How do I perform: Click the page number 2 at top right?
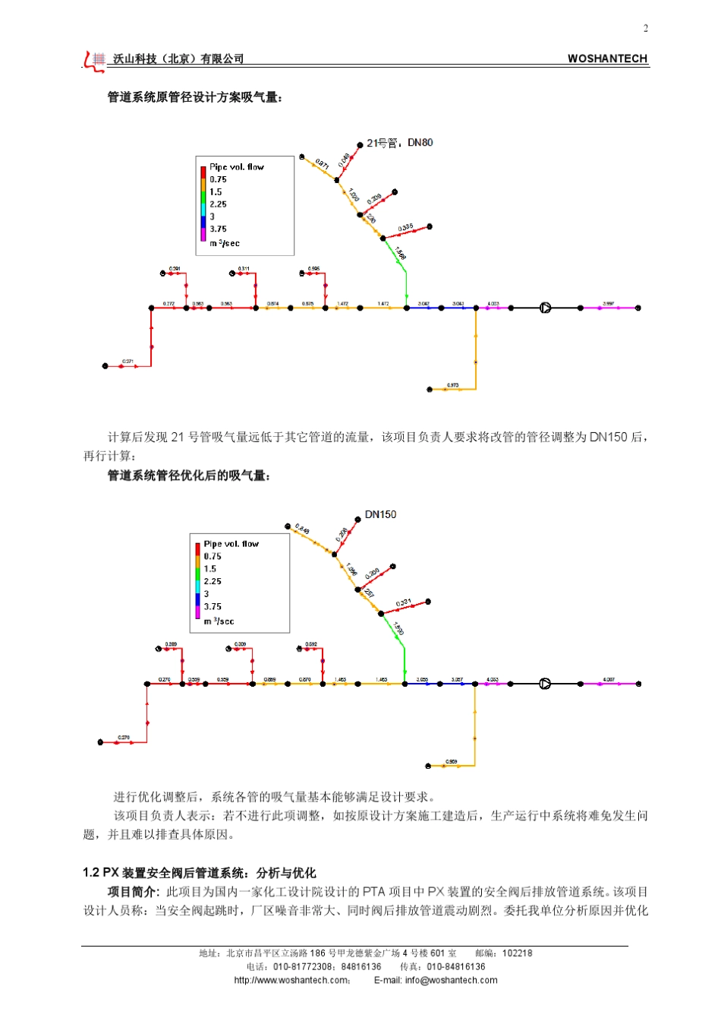(x=646, y=29)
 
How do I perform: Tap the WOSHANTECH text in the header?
(x=607, y=58)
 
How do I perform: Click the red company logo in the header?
(x=94, y=60)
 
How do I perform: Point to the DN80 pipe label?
(x=420, y=143)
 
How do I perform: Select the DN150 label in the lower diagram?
(x=380, y=515)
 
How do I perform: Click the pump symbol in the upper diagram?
(x=545, y=308)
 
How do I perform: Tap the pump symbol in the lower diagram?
(x=545, y=684)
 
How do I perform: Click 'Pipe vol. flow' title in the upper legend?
(x=237, y=167)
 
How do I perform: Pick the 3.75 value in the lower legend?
(x=213, y=607)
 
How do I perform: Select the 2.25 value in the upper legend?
(x=218, y=204)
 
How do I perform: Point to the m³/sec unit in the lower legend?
(x=219, y=621)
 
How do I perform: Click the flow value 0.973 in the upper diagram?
(x=452, y=385)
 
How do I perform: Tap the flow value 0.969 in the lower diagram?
(x=451, y=761)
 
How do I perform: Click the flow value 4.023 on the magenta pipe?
(x=493, y=304)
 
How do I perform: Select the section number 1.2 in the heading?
(x=91, y=873)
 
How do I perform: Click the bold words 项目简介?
(x=132, y=892)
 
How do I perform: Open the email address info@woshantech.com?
(x=451, y=980)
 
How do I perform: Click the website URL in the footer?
(x=291, y=980)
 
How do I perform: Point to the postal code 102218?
(x=517, y=953)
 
